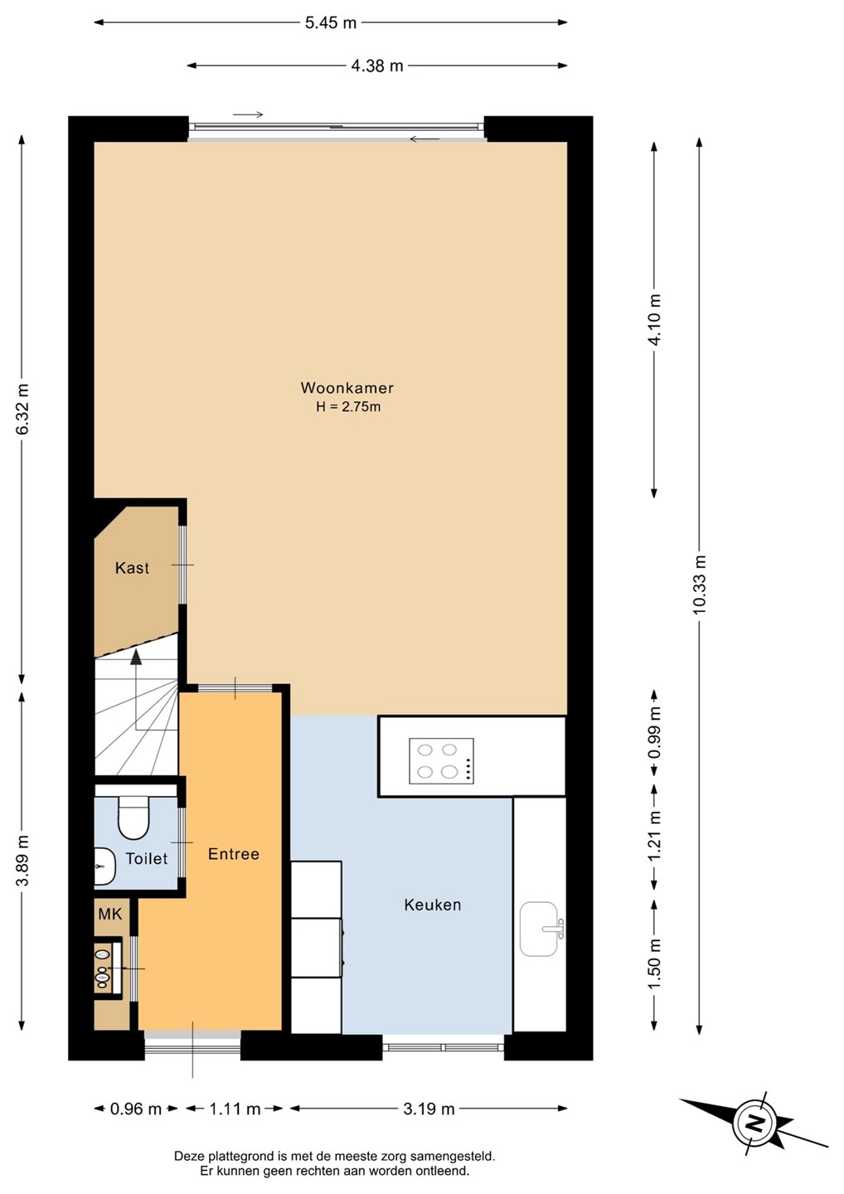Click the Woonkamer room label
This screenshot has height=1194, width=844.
point(347,387)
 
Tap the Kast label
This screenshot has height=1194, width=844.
point(132,568)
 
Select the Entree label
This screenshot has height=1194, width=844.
point(233,854)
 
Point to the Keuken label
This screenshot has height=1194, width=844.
point(432,905)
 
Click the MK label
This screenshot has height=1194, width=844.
point(110,914)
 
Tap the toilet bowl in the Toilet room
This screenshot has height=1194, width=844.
point(133,818)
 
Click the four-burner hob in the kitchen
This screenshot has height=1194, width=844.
point(441,760)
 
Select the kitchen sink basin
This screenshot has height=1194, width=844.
point(539,929)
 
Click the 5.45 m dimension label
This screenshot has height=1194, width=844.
point(330,23)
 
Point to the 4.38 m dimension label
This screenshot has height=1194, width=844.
point(377,66)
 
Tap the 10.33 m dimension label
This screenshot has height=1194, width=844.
point(699,585)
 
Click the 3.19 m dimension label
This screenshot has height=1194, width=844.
point(429,1109)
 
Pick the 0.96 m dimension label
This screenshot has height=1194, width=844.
point(136,1109)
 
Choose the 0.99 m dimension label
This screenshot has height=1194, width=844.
point(654,732)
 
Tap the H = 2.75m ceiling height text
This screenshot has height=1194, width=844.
point(348,406)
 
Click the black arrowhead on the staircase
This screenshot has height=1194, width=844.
point(137,658)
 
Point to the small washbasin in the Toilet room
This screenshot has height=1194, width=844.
point(104,866)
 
